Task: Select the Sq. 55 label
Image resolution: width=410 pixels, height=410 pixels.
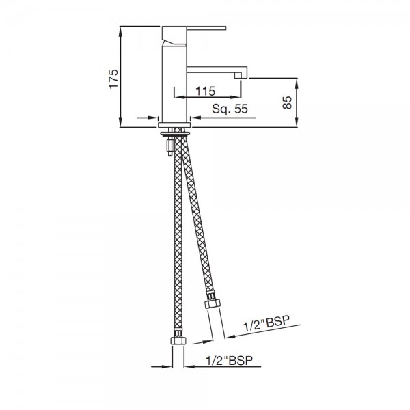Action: pos(229,108)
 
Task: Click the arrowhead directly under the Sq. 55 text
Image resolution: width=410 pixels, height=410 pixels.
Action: pos(195,118)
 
